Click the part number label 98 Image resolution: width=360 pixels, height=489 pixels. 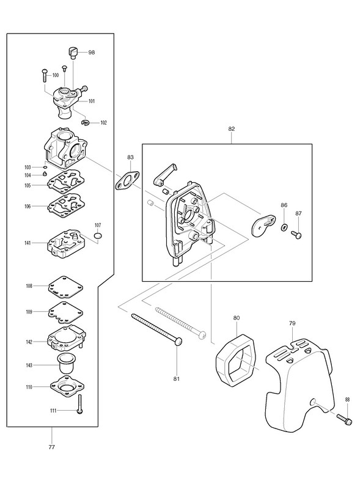92,53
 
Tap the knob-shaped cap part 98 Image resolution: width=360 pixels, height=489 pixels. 72,53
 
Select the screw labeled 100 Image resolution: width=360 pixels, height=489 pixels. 44,75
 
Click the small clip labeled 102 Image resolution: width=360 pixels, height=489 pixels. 85,123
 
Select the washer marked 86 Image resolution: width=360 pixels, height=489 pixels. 284,227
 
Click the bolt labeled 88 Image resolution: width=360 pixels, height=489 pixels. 345,419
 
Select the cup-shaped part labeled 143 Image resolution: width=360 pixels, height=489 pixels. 67,363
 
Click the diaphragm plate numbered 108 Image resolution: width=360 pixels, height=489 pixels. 65,285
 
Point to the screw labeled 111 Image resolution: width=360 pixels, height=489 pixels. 80,404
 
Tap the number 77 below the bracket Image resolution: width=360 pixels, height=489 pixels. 52,447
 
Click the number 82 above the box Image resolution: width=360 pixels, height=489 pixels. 232,129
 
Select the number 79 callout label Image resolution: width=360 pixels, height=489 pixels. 292,323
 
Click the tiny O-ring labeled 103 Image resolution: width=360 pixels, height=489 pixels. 45,167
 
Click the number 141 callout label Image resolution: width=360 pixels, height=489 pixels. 28,243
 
